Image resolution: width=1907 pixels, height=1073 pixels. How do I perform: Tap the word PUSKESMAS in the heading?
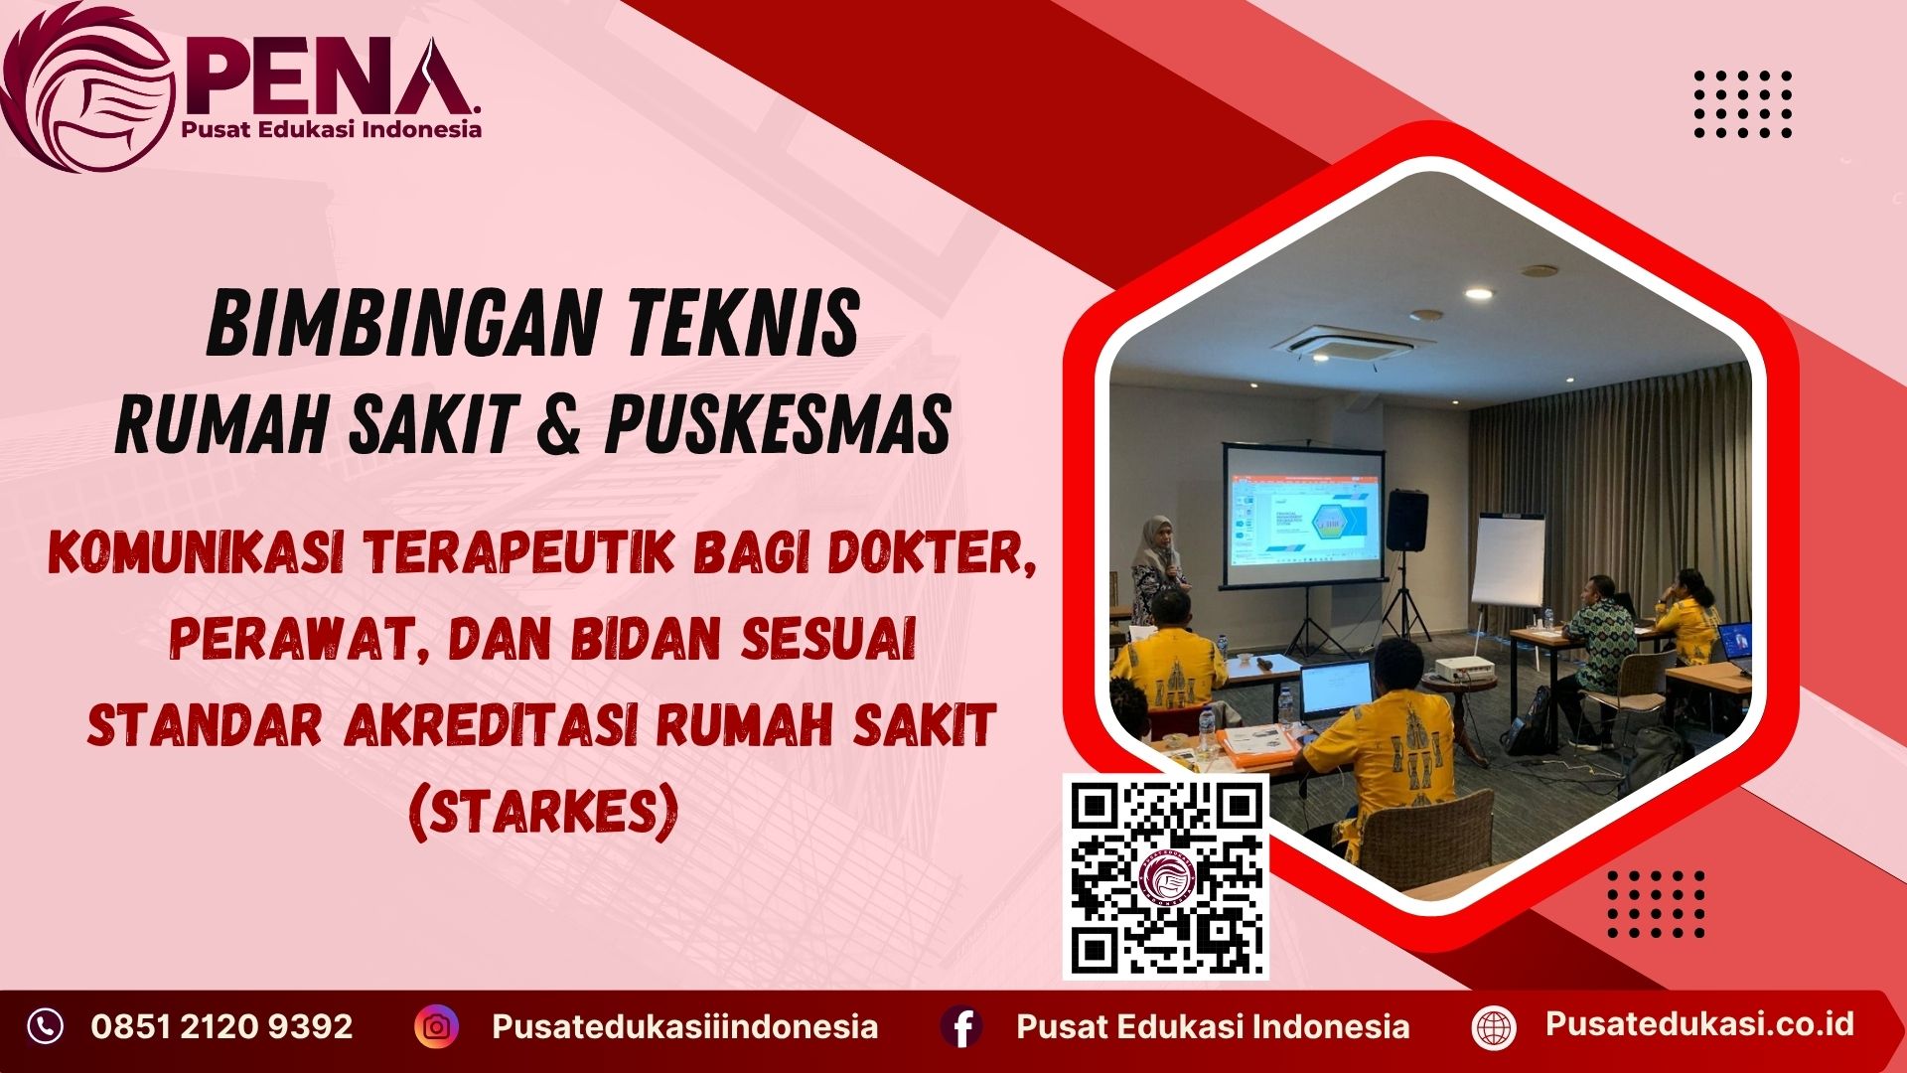(x=778, y=424)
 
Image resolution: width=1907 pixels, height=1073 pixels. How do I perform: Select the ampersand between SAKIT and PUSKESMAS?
(x=561, y=424)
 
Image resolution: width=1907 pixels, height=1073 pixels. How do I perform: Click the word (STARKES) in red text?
(x=544, y=812)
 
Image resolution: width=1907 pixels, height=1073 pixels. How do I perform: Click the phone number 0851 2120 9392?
(x=221, y=1026)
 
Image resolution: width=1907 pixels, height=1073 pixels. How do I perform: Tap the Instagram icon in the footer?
(x=436, y=1026)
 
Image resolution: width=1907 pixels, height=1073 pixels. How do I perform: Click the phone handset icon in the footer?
(x=45, y=1026)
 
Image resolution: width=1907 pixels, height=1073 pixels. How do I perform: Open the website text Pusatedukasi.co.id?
(x=1699, y=1024)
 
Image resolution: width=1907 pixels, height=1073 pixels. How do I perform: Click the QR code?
(x=1166, y=876)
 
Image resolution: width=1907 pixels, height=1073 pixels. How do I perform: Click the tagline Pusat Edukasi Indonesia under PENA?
(x=331, y=129)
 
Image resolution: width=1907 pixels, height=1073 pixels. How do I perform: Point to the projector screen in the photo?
(x=1304, y=517)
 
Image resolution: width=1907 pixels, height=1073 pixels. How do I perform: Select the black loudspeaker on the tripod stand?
(x=1406, y=520)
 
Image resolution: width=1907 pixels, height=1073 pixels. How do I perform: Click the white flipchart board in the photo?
(x=1508, y=561)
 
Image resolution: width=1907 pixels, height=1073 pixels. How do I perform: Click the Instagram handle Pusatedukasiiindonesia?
(x=684, y=1026)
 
